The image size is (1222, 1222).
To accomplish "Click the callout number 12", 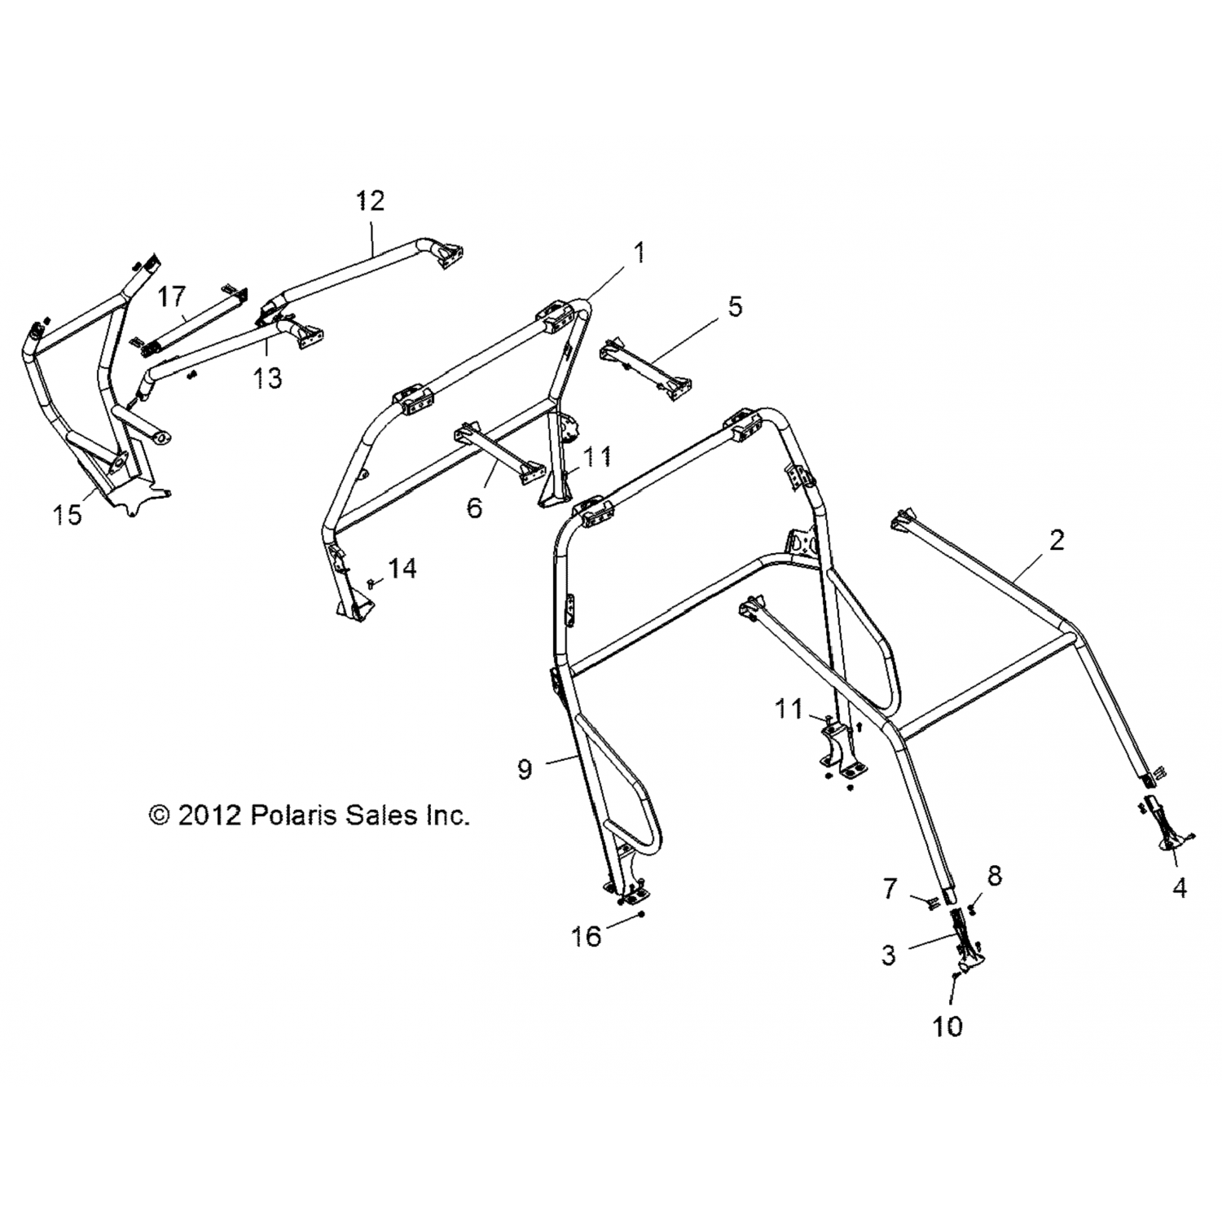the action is (371, 200).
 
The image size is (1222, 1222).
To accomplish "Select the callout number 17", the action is (172, 296).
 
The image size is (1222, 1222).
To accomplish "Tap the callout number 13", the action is (268, 378).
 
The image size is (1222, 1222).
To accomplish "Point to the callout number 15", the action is (68, 515).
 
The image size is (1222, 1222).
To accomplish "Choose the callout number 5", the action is (735, 307).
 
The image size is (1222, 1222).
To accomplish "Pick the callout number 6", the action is (474, 508).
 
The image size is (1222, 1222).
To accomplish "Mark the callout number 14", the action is (402, 568).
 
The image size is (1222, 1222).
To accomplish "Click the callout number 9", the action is (525, 768).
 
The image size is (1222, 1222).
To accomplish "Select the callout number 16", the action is (586, 936).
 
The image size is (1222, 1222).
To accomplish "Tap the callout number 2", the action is (1057, 539).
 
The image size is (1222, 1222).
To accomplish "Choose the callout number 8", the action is (994, 876).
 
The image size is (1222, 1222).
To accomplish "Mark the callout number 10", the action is (947, 1026).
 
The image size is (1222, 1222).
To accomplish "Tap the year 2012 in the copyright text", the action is (209, 815).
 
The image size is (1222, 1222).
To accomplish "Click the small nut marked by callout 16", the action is (643, 915).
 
